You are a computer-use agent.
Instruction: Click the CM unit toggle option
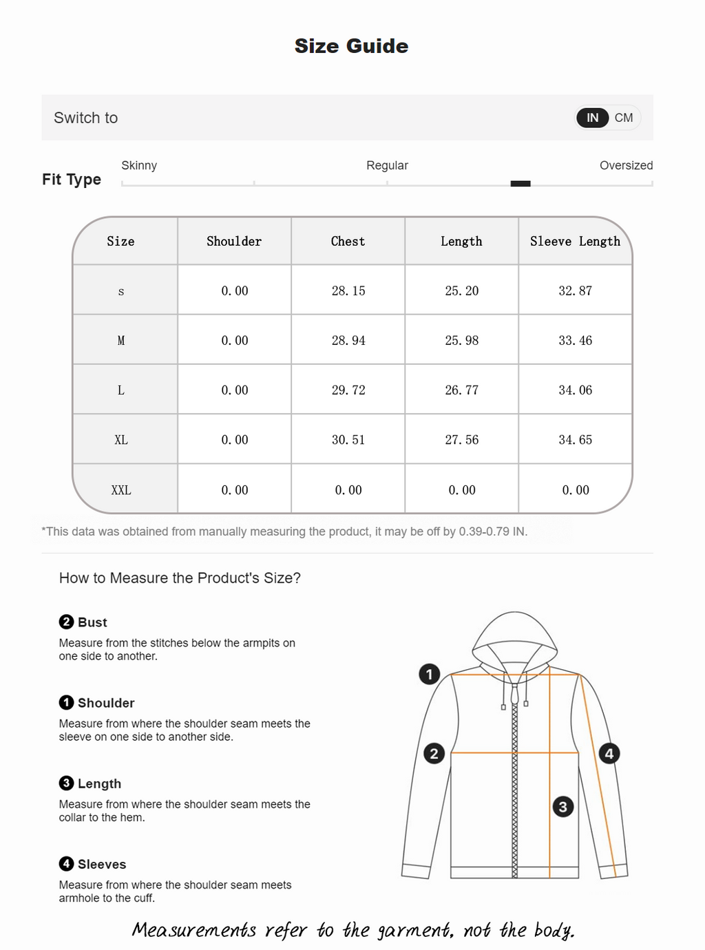624,118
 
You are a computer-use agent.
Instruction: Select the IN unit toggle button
592,118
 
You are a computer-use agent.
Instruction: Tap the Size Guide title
351,46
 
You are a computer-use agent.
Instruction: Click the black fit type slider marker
520,184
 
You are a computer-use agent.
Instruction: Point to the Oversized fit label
626,165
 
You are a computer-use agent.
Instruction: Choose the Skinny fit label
139,165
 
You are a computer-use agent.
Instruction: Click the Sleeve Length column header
575,241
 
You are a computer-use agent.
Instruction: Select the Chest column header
348,241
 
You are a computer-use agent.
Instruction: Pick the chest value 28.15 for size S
348,291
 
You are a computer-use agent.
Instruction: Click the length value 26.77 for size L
461,390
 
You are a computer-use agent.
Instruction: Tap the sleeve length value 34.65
575,440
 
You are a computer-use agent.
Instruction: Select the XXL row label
121,490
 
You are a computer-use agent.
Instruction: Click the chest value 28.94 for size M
348,340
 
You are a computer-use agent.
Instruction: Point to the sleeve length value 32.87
575,291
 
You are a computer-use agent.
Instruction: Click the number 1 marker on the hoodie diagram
430,674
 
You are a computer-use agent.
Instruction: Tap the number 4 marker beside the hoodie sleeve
609,753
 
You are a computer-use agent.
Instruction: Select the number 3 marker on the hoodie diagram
563,807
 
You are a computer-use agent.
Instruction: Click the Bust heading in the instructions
92,622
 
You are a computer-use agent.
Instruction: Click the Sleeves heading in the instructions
101,864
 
